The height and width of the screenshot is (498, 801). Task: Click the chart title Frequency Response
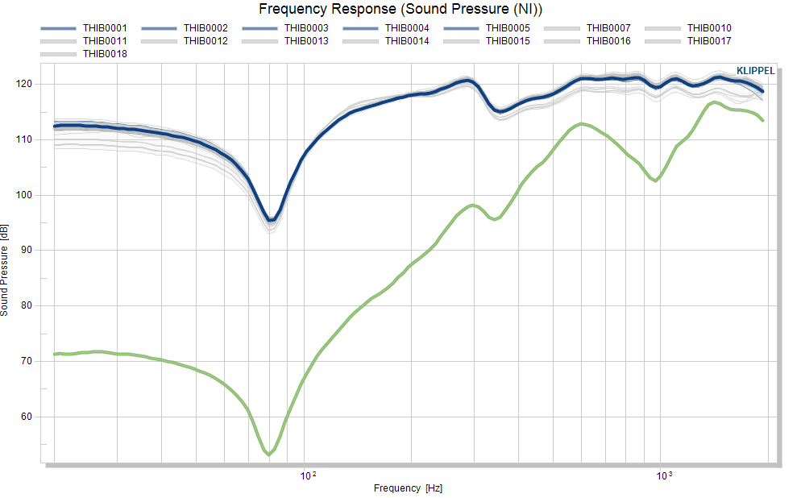click(x=327, y=9)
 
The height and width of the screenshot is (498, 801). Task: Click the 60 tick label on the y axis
click(x=26, y=417)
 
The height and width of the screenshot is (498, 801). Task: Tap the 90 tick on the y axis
click(x=26, y=250)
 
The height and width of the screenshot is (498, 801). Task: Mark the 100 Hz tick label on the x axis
click(x=308, y=476)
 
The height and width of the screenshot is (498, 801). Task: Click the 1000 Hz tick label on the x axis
click(x=664, y=476)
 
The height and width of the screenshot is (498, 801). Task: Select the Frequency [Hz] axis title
click(x=408, y=488)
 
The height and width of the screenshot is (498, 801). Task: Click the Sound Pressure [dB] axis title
click(x=5, y=270)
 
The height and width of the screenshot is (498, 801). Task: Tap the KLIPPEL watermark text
click(x=756, y=71)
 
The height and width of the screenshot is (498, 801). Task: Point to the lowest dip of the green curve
click(x=268, y=454)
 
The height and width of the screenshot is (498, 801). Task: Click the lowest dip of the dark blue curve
click(x=272, y=220)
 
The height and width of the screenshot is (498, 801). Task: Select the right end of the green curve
click(x=762, y=121)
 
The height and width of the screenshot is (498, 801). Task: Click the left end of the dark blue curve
click(x=55, y=127)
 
